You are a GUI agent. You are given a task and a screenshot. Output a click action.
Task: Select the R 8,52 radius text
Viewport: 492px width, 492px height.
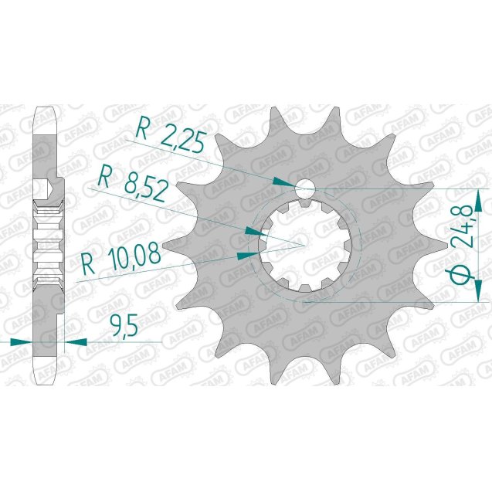coord(129,183)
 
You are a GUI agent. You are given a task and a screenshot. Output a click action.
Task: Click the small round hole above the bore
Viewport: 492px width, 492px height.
coord(305,188)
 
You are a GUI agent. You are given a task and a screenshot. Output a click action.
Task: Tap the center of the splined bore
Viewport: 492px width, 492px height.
coord(305,244)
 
